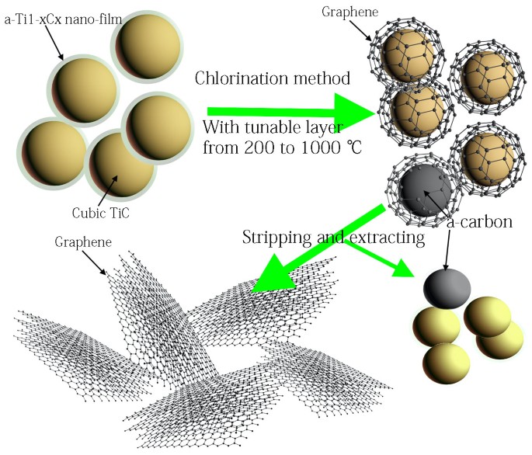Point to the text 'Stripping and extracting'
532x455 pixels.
(333, 237)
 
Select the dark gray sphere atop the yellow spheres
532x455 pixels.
(447, 289)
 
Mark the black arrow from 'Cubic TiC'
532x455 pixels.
(106, 187)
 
